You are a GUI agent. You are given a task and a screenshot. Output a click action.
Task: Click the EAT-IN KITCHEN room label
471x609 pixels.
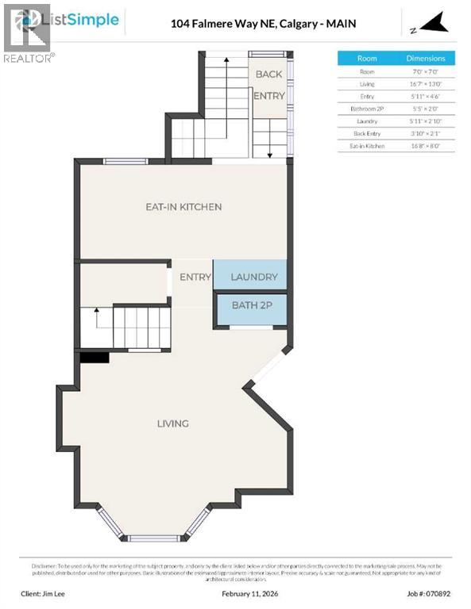(183, 207)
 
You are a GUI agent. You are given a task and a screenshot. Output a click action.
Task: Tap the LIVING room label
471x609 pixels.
(172, 423)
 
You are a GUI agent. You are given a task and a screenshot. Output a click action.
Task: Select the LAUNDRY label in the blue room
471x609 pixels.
(253, 277)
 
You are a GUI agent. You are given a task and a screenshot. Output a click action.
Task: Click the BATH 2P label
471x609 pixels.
(251, 305)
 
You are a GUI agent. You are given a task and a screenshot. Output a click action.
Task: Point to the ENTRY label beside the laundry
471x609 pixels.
(195, 277)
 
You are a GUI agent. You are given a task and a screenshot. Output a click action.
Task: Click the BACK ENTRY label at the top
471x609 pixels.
(268, 85)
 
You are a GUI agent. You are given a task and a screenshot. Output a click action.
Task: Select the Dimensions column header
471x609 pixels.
(426, 58)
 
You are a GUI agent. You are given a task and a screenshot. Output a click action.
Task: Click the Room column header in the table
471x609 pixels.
(367, 58)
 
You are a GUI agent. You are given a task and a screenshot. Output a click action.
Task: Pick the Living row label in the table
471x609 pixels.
(367, 83)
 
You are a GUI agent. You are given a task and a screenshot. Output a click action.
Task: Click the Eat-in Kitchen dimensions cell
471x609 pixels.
(426, 146)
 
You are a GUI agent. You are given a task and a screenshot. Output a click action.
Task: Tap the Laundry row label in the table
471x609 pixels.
(367, 121)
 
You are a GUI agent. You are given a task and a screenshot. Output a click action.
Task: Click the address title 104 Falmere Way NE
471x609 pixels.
(263, 24)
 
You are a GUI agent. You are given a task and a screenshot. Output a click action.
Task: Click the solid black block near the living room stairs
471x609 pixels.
(95, 358)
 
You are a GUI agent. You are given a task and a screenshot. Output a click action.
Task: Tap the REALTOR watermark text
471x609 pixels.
(29, 58)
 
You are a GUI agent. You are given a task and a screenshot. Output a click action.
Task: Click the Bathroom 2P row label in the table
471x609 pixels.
(367, 109)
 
